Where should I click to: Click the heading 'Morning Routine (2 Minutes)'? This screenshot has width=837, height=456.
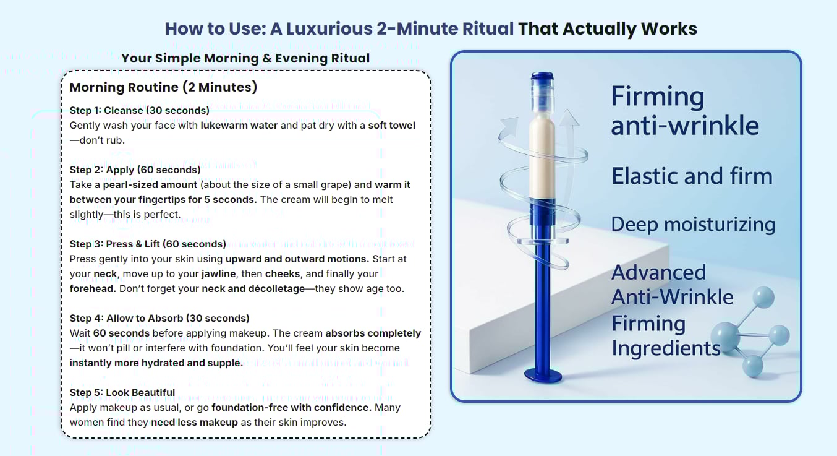point(163,87)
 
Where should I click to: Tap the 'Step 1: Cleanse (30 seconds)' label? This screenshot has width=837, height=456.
point(139,110)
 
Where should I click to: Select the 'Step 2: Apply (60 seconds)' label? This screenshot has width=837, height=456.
point(135,170)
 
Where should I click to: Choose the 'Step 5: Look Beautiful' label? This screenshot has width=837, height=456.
point(122,392)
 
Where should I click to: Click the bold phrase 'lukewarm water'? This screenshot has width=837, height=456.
point(239,126)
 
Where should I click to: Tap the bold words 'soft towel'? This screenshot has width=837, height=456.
point(391,126)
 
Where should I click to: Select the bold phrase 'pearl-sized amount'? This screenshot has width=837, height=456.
point(150,185)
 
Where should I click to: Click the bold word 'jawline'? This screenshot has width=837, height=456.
point(219,274)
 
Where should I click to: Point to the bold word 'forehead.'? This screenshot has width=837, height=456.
point(93,289)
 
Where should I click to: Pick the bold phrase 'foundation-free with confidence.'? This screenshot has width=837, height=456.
point(291,407)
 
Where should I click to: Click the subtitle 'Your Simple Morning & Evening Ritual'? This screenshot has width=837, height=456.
point(245,58)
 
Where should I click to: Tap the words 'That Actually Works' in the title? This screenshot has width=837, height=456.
point(608,29)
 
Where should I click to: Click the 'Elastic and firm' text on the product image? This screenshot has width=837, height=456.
point(692,176)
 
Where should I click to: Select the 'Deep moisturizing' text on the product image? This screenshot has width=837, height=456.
point(693,225)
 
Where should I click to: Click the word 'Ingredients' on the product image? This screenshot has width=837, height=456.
point(666,348)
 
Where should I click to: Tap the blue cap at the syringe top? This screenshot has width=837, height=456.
point(542,77)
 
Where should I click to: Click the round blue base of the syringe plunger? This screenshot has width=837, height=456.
point(543,376)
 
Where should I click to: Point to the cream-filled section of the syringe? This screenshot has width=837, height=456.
point(542,157)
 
